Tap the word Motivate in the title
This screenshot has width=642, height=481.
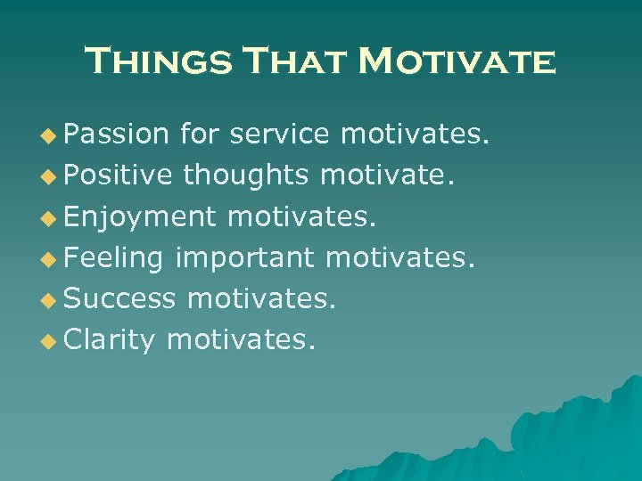pyautogui.click(x=456, y=61)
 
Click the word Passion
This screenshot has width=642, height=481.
pyautogui.click(x=117, y=134)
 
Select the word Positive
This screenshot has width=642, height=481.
pyautogui.click(x=119, y=175)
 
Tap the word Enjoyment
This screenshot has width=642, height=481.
pyautogui.click(x=141, y=216)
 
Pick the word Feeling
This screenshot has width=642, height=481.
pyautogui.click(x=114, y=258)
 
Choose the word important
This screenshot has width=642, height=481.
pyautogui.click(x=245, y=258)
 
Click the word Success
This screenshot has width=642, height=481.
pyautogui.click(x=120, y=298)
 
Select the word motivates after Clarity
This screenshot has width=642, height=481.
pyautogui.click(x=241, y=339)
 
